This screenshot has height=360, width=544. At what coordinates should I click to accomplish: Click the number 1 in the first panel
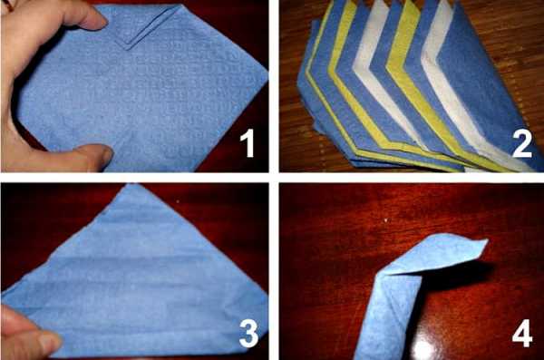[248, 142]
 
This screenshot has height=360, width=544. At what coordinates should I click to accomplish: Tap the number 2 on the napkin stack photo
[522, 143]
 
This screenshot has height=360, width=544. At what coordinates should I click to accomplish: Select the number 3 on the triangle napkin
[248, 333]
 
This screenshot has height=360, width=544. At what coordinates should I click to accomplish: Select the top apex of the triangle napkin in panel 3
[130, 185]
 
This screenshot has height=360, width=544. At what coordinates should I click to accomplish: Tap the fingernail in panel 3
[50, 342]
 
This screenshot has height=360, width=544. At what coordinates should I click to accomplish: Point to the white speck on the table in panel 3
[179, 201]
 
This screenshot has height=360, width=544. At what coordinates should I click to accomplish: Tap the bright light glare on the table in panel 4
[424, 349]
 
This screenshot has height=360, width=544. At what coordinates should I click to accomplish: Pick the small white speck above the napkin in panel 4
[387, 220]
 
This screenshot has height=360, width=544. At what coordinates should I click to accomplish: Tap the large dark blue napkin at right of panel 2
[486, 87]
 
